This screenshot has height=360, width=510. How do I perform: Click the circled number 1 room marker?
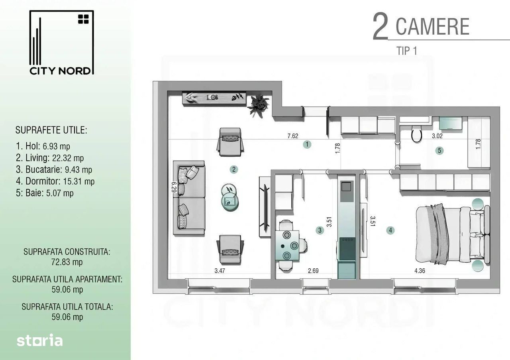click(x=307, y=144)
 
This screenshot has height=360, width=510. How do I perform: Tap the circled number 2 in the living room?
click(x=234, y=169)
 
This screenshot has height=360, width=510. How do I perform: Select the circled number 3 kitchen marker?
click(x=320, y=230)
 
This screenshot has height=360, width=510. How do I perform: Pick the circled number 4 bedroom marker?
click(x=390, y=230)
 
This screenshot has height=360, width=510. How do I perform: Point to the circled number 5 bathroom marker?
click(x=439, y=151)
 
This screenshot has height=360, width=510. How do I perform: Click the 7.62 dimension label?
click(x=293, y=136)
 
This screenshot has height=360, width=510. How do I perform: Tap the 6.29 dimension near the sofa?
click(x=174, y=187)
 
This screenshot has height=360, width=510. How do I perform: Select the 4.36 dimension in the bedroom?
click(x=420, y=271)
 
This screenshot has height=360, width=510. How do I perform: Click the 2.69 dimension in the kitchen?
click(x=313, y=271)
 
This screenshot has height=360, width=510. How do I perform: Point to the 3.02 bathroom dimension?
click(x=437, y=136)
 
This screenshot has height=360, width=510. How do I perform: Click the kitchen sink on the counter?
click(x=347, y=187)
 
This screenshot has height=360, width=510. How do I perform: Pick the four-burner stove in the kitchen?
click(x=347, y=249)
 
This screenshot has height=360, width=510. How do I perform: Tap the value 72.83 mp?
click(x=67, y=262)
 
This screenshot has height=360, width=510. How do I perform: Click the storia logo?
click(x=39, y=340)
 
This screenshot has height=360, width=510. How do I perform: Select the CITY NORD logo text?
click(x=60, y=71)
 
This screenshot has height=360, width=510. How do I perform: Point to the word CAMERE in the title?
click(x=432, y=26)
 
